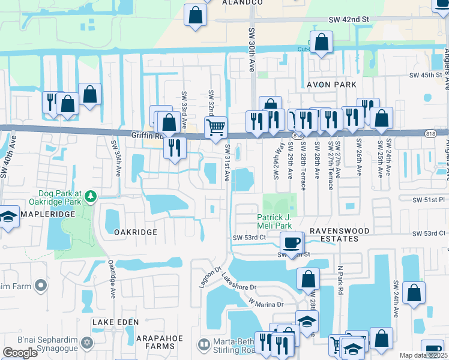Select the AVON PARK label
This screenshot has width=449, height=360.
point(331,85)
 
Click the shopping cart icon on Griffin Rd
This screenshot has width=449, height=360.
point(215,127)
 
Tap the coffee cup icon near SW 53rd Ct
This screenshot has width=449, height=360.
point(292,242)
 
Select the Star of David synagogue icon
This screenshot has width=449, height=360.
point(87,343)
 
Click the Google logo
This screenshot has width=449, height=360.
point(20,353)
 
